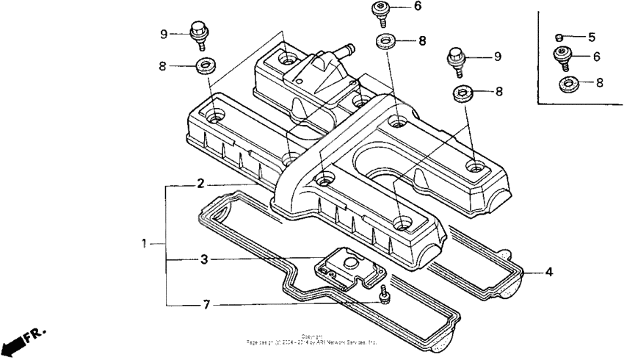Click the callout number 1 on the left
tap(145, 242)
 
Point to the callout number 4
tap(548, 272)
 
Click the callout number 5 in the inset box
tap(592, 37)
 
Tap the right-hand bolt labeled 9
tap(456, 60)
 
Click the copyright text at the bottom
tap(312, 340)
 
